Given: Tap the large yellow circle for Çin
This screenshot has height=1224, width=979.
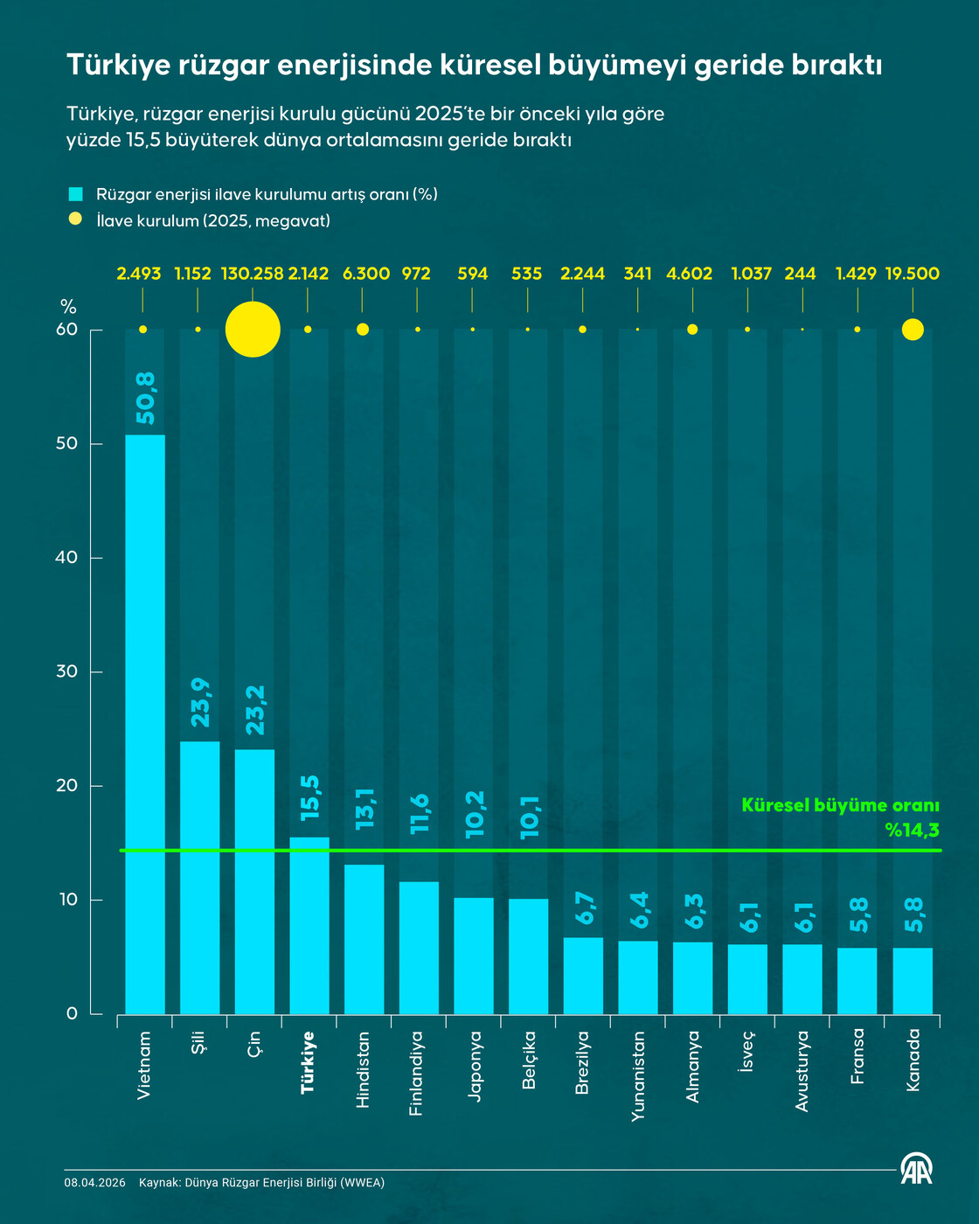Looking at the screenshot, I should click(253, 330).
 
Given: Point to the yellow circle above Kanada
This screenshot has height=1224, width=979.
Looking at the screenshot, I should click(913, 330).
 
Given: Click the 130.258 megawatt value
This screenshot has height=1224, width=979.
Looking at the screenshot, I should click(252, 274).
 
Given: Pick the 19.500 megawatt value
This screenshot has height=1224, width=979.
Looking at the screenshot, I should click(912, 274).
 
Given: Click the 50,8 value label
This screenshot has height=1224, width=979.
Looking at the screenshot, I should click(146, 398).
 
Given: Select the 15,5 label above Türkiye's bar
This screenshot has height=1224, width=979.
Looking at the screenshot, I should click(310, 798).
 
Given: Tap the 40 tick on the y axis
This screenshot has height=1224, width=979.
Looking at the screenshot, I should click(66, 558).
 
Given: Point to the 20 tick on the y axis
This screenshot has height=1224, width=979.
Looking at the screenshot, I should click(66, 786).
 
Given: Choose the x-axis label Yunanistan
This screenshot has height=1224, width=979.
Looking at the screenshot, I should click(638, 1075).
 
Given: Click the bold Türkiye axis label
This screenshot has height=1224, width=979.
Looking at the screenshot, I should click(309, 1062).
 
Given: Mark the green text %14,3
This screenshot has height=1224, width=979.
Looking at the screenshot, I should click(912, 830).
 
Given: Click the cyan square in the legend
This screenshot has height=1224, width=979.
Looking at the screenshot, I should click(75, 194).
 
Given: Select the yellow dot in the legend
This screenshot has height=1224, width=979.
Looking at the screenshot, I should click(75, 219).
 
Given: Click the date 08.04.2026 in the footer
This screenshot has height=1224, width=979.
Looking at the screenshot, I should click(94, 1183).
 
